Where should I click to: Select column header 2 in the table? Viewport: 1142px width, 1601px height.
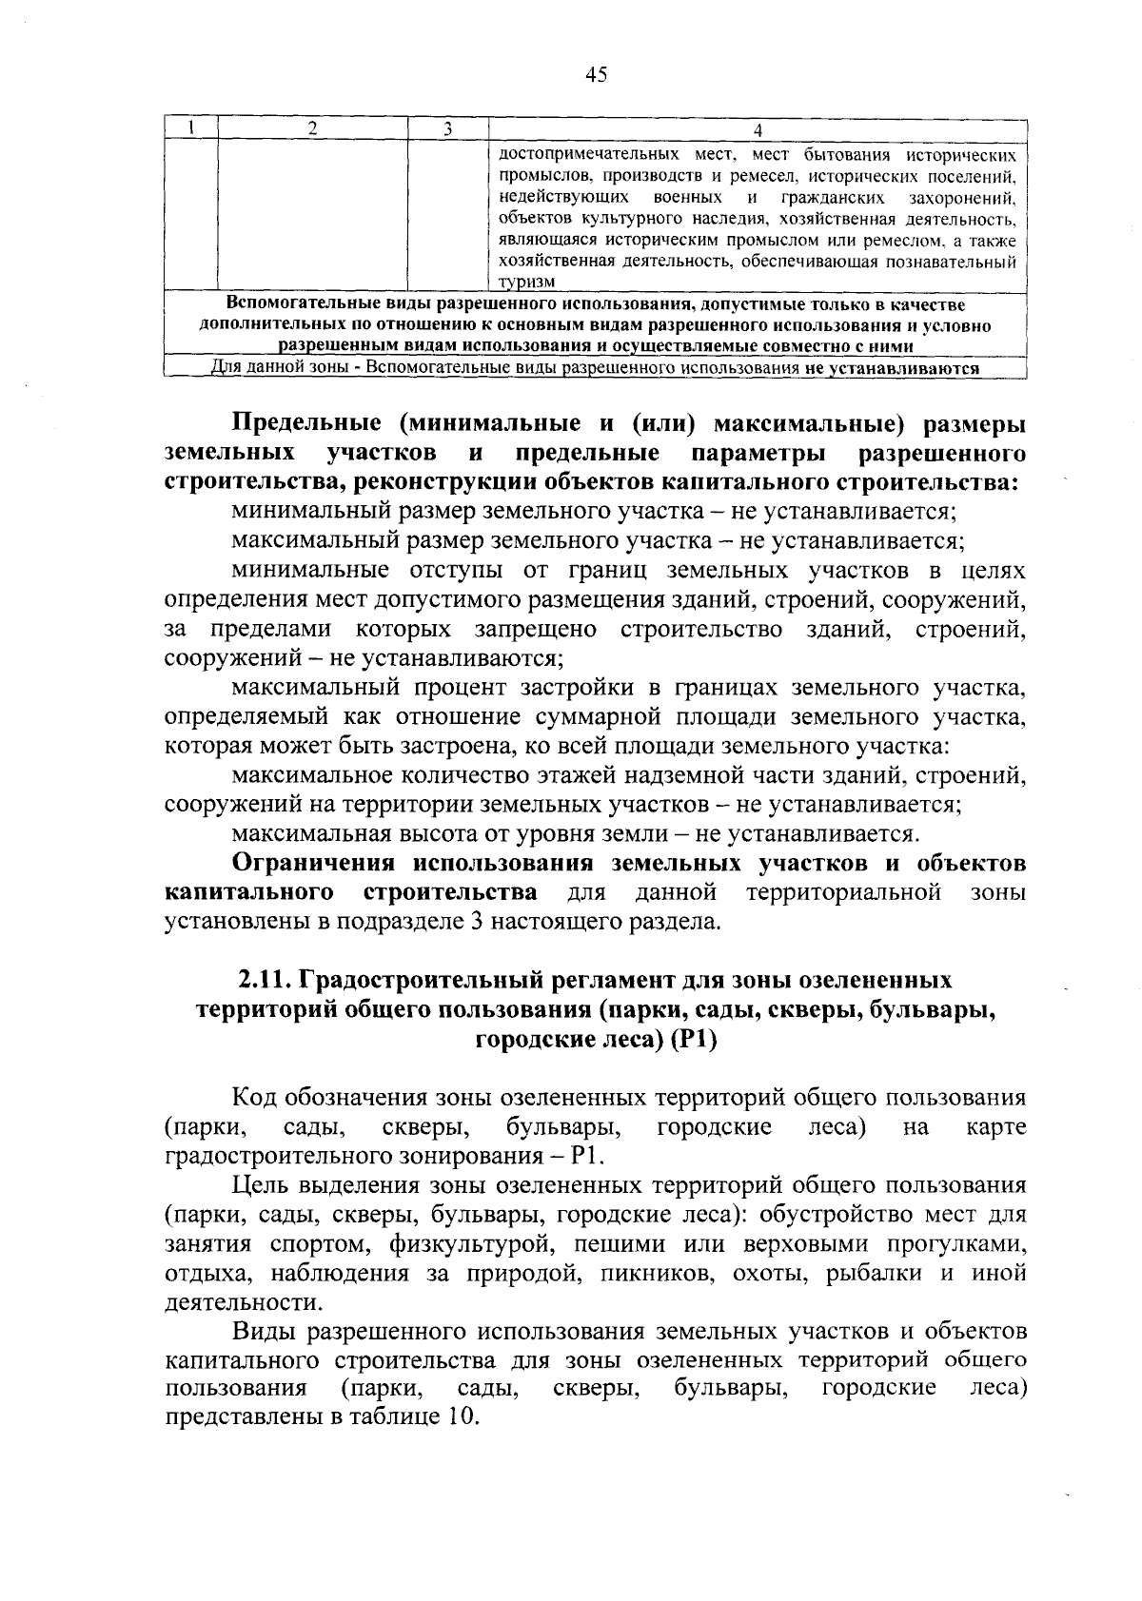click(x=312, y=129)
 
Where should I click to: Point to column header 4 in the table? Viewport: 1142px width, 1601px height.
click(x=758, y=129)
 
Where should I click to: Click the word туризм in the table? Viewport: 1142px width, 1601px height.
click(x=527, y=282)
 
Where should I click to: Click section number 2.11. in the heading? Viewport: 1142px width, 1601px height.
click(x=268, y=981)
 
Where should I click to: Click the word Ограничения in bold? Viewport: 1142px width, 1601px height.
click(x=316, y=864)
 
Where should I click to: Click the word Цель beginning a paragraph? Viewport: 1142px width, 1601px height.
click(x=254, y=1185)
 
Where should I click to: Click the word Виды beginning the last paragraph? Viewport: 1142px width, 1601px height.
click(x=259, y=1329)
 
